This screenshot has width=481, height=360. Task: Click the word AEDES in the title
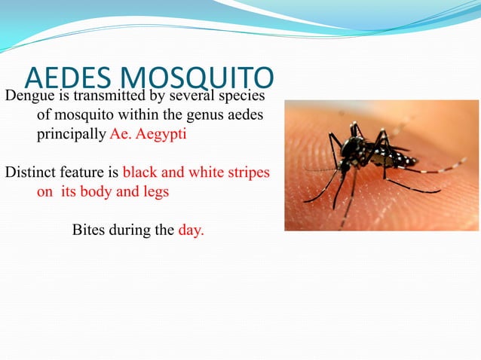[68, 78]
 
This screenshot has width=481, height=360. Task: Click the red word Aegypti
[163, 136]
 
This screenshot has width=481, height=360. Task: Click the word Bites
[89, 230]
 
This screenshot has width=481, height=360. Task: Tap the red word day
[190, 230]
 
